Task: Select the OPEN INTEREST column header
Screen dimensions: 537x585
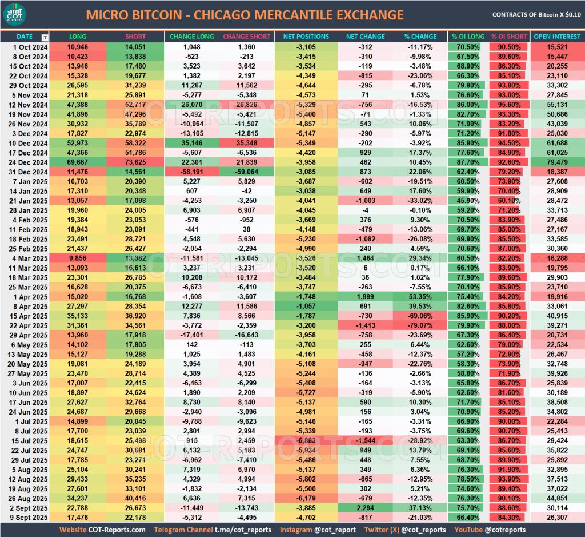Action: pos(557,37)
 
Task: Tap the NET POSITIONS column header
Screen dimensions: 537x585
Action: pos(306,37)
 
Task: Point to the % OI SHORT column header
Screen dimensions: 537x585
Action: pos(509,37)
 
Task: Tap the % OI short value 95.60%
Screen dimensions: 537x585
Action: pos(508,104)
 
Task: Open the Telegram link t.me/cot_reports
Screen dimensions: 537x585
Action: pos(244,530)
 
